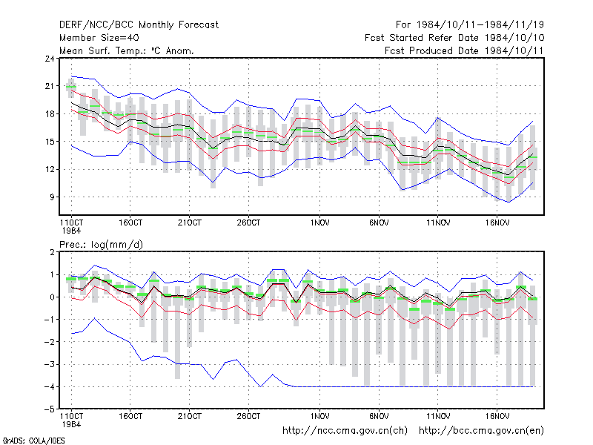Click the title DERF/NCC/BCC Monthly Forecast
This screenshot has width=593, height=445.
pos(139,25)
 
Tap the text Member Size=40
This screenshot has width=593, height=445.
pos(99,38)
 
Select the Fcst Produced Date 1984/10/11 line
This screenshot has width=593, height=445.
pos(464,50)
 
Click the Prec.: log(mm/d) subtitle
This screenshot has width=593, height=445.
pos(101,245)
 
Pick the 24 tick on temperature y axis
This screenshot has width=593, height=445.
pos(50,59)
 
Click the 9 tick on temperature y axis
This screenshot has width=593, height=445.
pos(52,197)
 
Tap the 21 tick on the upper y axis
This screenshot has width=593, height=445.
pos(50,86)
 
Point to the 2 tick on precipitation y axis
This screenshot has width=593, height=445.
pos(52,252)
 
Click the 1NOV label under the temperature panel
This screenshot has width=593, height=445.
pos(320,223)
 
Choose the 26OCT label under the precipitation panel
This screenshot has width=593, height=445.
pos(248,416)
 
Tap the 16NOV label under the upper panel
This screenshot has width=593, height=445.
pos(497,223)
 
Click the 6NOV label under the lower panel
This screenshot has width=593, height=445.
pos(379,416)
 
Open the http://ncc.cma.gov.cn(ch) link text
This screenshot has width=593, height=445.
pos(345,431)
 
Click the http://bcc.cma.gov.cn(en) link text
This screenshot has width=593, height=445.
pos(481,431)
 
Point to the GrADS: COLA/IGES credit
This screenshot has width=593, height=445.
pos(33,441)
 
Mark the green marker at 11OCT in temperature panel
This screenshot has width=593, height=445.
pos(71,87)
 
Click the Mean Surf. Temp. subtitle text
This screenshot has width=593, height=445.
pos(102,50)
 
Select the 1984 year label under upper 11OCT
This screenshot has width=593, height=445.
pos(71,231)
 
